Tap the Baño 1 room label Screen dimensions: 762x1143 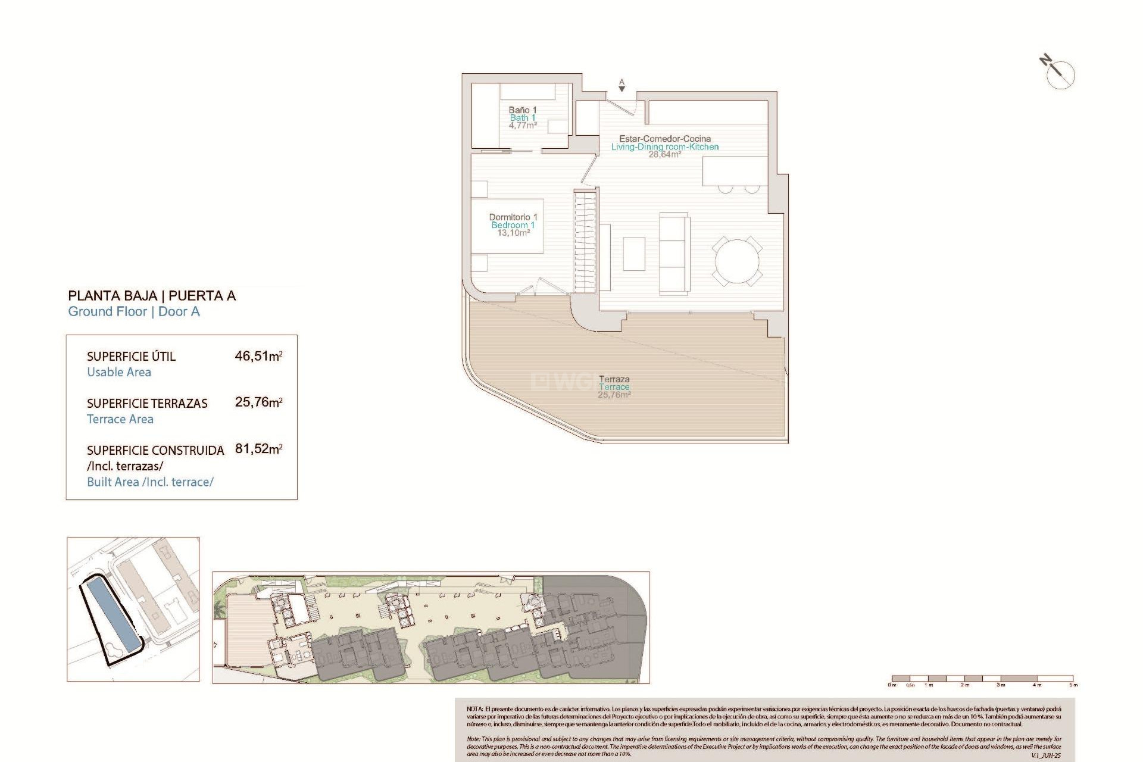point(522,110)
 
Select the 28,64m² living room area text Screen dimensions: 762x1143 point(664,155)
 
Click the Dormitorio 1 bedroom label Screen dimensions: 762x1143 point(513,217)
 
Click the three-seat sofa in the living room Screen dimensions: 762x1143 point(674,253)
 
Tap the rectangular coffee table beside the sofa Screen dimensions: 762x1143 point(634,254)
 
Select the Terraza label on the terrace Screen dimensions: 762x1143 point(614,379)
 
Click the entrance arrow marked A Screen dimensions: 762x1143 point(622,86)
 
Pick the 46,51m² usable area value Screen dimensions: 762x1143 point(258,356)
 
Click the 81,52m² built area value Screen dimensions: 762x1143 point(258,449)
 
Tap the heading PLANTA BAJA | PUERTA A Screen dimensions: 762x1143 point(152,296)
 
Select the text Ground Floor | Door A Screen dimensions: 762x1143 point(134,312)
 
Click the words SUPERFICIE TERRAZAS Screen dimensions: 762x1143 point(147,404)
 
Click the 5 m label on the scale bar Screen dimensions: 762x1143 point(1073,685)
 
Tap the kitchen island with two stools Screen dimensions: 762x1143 point(735,171)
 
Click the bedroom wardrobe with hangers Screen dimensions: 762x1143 point(585,240)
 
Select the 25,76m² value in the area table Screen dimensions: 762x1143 point(258,402)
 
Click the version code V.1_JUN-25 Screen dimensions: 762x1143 point(1046,755)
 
